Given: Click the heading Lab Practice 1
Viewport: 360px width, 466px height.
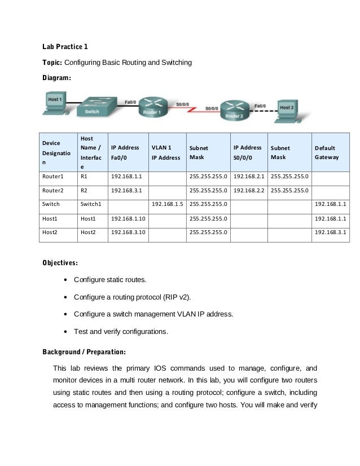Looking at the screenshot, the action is [65, 46].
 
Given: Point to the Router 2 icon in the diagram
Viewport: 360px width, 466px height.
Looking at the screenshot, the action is [235, 109].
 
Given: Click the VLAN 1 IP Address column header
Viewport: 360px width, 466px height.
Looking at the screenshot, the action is [165, 152].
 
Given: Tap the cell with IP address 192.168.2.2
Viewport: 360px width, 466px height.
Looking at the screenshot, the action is [248, 190].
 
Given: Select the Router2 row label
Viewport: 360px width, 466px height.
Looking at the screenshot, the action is [52, 190].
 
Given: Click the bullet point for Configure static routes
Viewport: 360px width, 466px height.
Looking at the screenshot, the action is [67, 280].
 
